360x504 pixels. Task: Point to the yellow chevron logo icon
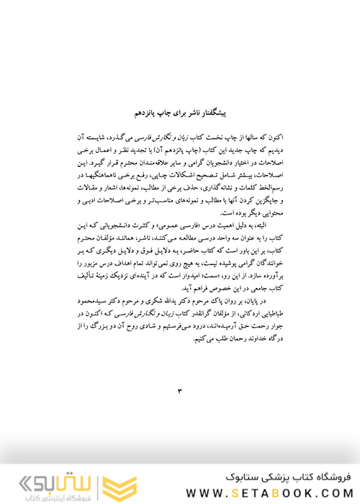point(111,481)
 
